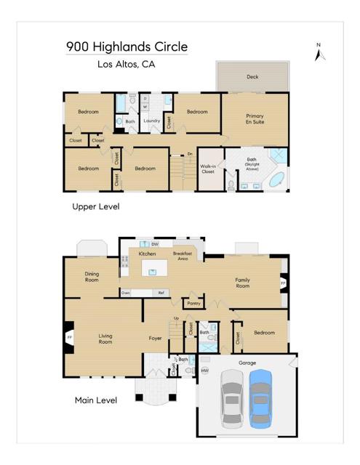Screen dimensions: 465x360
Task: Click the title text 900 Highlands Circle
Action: tap(127, 46)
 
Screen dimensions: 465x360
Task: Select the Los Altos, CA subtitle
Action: tap(126, 64)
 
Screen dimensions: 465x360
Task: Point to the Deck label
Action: tap(252, 76)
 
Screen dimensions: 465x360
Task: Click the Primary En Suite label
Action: tap(255, 119)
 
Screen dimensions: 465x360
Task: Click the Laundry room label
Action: tap(152, 121)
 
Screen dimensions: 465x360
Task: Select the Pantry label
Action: tap(193, 303)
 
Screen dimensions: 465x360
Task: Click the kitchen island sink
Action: tap(153, 272)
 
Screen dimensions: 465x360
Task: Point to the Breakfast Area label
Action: tap(183, 256)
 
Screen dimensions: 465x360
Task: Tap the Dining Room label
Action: tap(92, 277)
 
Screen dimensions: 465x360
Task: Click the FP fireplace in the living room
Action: tap(70, 338)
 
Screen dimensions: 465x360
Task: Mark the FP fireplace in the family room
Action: tap(283, 282)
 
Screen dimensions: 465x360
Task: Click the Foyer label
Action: tap(155, 338)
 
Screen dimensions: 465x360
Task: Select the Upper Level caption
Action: tap(95, 207)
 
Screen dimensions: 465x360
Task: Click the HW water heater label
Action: tap(205, 371)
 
